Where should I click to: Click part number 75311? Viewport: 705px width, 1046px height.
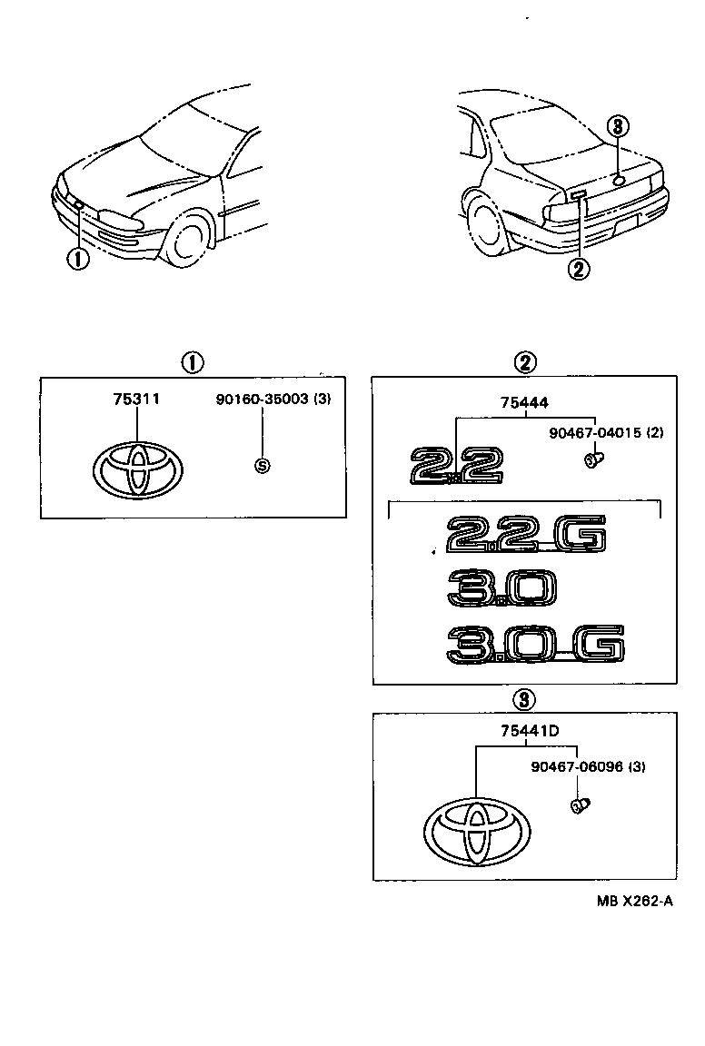[136, 399]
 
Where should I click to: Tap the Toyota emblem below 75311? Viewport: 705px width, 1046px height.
[138, 470]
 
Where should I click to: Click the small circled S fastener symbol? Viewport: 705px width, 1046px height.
[262, 466]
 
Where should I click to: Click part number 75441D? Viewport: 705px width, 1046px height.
[521, 732]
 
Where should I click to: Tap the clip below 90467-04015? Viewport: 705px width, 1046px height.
[593, 460]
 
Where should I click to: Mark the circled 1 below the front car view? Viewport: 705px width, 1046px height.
[78, 259]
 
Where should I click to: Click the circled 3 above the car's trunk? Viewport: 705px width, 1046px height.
[618, 127]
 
